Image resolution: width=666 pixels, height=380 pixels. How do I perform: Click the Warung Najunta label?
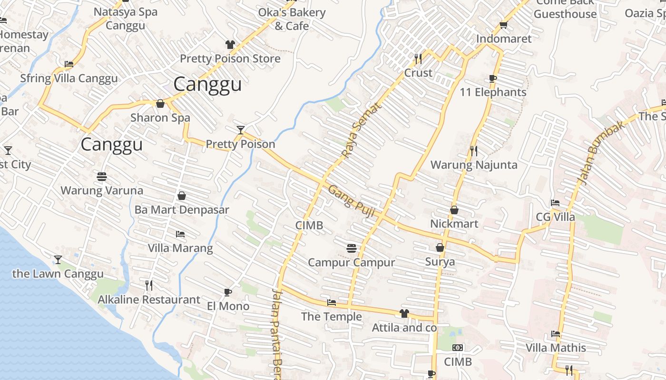tap(473, 165)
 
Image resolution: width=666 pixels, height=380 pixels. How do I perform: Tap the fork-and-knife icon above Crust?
tap(418, 59)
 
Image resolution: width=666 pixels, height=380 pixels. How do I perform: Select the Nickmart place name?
tap(454, 224)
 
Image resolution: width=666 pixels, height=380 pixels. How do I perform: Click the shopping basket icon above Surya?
tap(440, 247)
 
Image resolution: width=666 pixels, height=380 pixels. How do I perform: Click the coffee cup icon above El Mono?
tap(228, 292)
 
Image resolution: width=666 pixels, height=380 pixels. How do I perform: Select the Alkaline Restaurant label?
tap(149, 300)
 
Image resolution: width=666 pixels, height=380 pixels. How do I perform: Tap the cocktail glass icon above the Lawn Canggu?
tap(58, 260)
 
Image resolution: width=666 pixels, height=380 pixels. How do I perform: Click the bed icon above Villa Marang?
tap(180, 234)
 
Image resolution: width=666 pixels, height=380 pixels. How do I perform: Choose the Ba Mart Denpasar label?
tap(182, 209)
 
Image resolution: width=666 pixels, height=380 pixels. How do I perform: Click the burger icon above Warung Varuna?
tap(101, 177)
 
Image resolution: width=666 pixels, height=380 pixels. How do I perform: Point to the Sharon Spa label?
tap(160, 118)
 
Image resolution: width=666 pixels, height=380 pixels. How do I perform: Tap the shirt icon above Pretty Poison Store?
tap(230, 45)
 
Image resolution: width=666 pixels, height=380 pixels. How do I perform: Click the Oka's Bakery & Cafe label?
tap(292, 19)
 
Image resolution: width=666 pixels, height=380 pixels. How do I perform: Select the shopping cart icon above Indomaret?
tap(503, 25)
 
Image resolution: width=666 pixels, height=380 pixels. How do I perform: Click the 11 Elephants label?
tap(493, 92)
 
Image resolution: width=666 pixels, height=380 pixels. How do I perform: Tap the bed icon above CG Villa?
tap(555, 203)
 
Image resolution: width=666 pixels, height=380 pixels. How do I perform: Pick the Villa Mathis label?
tap(556, 348)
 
